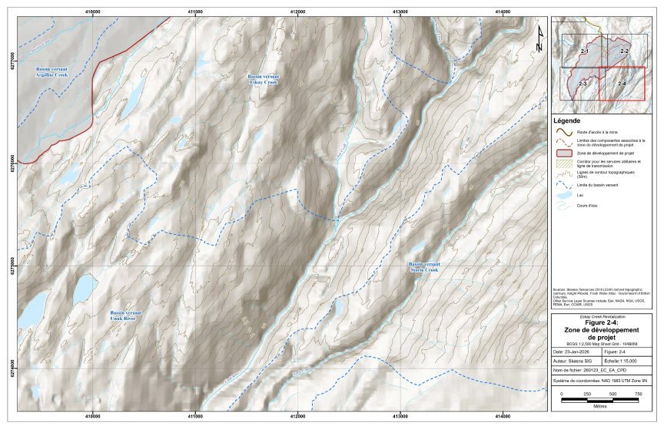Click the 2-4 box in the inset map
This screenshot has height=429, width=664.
click(x=622, y=84)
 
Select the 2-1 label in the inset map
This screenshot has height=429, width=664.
click(x=584, y=50)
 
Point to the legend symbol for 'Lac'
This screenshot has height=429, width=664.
click(x=563, y=196)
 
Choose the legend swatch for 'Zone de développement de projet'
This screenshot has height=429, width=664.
click(x=563, y=153)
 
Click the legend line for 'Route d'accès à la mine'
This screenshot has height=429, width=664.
click(x=563, y=131)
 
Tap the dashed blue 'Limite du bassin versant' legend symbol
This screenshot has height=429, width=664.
click(x=563, y=185)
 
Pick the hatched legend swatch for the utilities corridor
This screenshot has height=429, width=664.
click(x=563, y=163)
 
